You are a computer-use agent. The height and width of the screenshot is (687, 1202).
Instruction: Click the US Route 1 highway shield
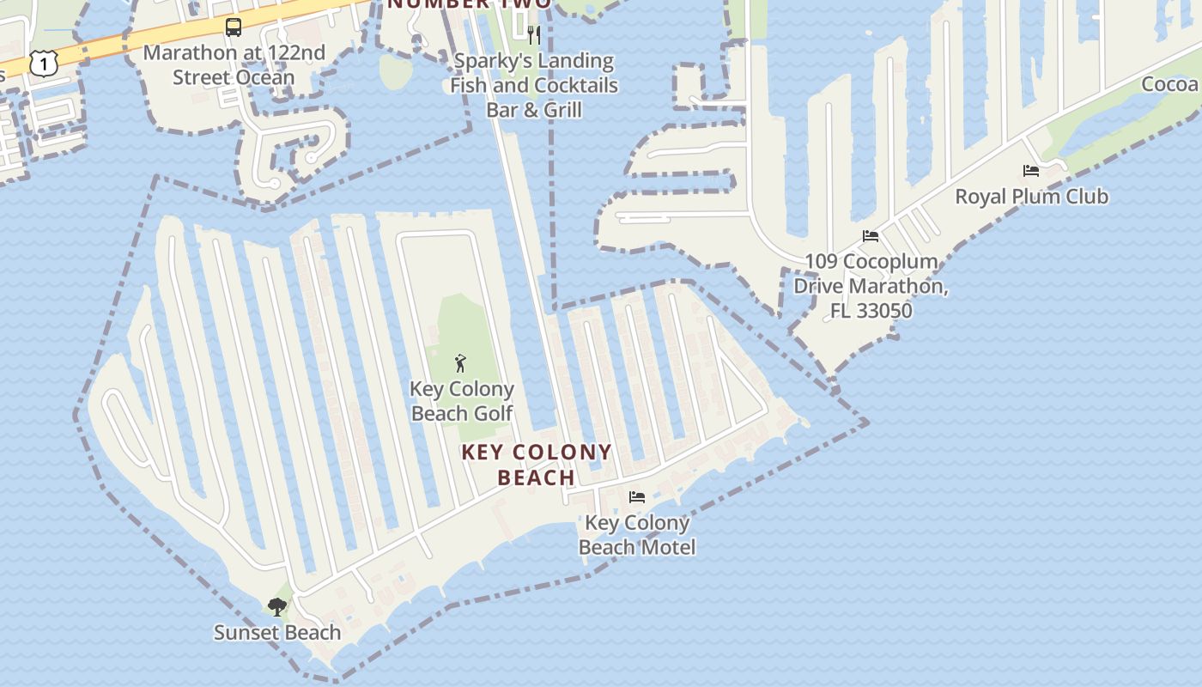(43, 63)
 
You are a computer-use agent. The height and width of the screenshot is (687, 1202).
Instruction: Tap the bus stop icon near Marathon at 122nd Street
(234, 27)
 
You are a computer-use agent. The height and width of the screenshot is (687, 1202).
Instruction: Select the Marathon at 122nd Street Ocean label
(234, 65)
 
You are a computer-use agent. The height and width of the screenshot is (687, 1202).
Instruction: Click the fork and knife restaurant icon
(534, 34)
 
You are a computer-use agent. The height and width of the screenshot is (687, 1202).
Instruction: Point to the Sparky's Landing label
(534, 62)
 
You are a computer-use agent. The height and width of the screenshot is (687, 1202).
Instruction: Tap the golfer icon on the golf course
(461, 362)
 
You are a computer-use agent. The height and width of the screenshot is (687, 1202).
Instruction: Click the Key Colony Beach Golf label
(462, 401)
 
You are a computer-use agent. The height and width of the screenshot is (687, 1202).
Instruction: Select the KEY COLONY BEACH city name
(537, 465)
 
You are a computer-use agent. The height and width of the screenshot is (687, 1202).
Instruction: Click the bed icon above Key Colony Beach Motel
(637, 497)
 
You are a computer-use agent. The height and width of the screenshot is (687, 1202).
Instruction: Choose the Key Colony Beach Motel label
(637, 535)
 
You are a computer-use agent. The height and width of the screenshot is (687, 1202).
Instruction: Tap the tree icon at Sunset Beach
(276, 607)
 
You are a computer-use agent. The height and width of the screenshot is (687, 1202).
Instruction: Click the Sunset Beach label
(277, 633)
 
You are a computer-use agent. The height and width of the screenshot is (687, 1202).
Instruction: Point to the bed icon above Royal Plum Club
(1031, 171)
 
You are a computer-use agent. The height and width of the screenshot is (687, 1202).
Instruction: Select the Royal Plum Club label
(1031, 197)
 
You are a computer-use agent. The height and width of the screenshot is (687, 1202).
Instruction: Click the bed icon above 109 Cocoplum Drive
(871, 236)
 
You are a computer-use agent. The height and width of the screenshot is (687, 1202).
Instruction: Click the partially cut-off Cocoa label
(1170, 84)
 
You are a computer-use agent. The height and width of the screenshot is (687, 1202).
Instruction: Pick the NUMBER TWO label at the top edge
(469, 4)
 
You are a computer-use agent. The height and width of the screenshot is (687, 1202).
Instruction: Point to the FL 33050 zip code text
(871, 310)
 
